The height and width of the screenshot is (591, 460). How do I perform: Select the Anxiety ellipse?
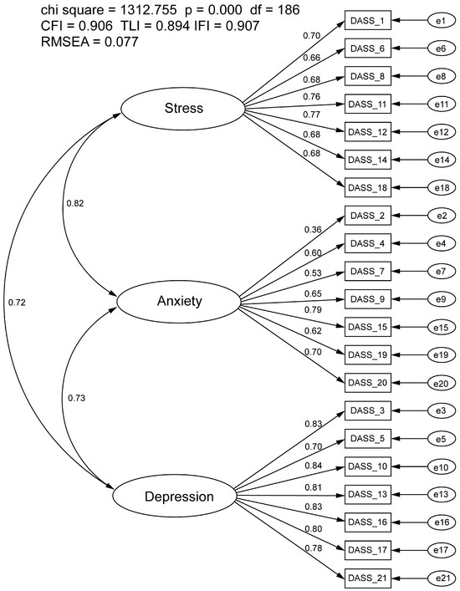pyautogui.click(x=179, y=301)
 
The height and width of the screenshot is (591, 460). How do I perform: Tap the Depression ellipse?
pyautogui.click(x=179, y=497)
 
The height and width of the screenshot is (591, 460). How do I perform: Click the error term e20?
pyautogui.click(x=437, y=383)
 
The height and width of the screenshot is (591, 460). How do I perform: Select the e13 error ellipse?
pyautogui.click(x=437, y=494)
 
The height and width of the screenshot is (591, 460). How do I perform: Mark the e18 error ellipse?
pyautogui.click(x=437, y=189)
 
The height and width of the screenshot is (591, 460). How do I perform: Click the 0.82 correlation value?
pyautogui.click(x=74, y=203)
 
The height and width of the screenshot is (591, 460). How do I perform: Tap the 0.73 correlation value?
pyautogui.click(x=74, y=400)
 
